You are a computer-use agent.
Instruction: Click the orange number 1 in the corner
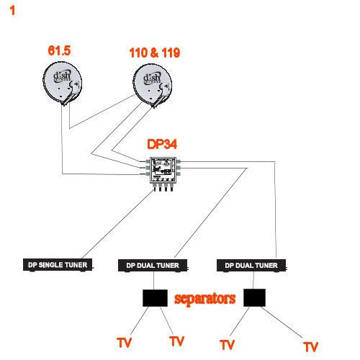(12, 11)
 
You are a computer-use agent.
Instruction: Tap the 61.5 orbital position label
(59, 50)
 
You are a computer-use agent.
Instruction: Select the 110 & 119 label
(155, 53)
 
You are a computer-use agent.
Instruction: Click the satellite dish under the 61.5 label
(63, 84)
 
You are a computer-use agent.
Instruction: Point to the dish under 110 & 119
(153, 86)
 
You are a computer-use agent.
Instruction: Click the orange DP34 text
(162, 144)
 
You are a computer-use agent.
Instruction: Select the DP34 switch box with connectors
(163, 174)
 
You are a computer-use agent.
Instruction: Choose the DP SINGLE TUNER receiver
(58, 265)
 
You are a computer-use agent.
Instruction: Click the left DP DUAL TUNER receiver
(153, 266)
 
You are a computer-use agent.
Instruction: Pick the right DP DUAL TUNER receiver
(251, 266)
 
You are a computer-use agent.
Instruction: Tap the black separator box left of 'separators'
(155, 298)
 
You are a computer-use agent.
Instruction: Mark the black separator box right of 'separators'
(254, 297)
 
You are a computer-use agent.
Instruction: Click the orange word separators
(204, 299)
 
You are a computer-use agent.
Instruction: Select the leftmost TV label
(124, 343)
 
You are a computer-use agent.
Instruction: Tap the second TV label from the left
(176, 341)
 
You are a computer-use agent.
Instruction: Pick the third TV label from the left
(227, 345)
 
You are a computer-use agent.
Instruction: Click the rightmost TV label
(310, 347)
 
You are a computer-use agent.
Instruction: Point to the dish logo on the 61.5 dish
(62, 76)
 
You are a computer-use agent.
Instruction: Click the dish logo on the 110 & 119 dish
(152, 78)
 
